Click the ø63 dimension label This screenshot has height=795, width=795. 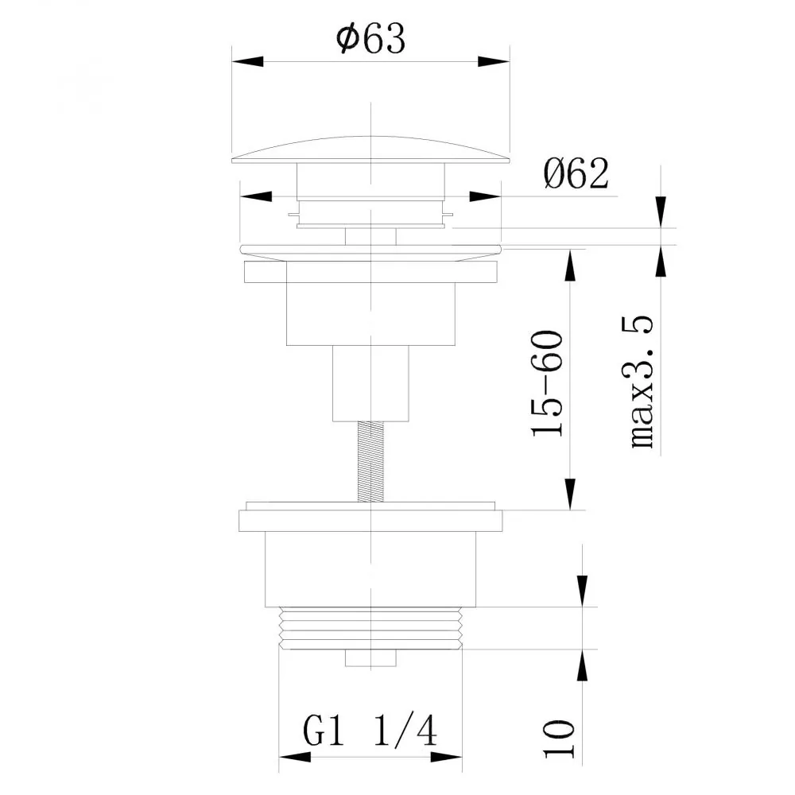pyautogui.click(x=371, y=38)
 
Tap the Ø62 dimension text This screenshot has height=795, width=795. pyautogui.click(x=576, y=173)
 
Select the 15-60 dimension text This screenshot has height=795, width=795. pyautogui.click(x=548, y=383)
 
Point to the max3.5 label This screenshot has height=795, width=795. pyautogui.click(x=642, y=382)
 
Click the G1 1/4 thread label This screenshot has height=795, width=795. pyautogui.click(x=370, y=731)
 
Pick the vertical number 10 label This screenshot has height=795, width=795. pyautogui.click(x=559, y=739)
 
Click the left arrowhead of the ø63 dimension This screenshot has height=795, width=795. pyautogui.click(x=248, y=61)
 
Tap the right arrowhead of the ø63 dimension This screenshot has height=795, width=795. pyautogui.click(x=494, y=61)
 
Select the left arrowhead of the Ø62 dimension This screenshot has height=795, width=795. pyautogui.click(x=255, y=196)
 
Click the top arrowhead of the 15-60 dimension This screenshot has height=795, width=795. pyautogui.click(x=570, y=265)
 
